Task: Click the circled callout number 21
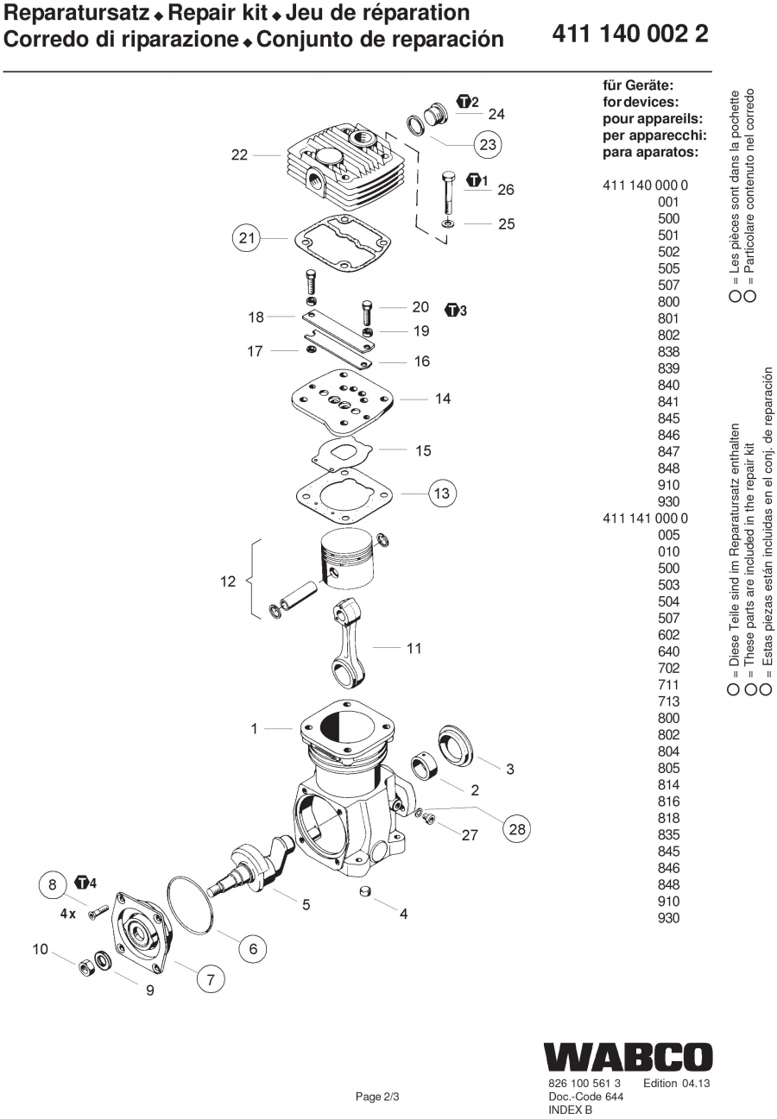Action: tap(247, 238)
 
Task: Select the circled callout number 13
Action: tap(443, 493)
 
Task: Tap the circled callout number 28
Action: tap(516, 829)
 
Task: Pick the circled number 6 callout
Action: tap(252, 949)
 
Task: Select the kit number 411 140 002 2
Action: tap(630, 34)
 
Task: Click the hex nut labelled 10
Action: tap(87, 966)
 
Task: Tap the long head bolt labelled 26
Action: tap(448, 193)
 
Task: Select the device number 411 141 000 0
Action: tap(645, 518)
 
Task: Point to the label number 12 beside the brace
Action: tap(228, 582)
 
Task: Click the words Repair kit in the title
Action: tap(218, 13)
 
